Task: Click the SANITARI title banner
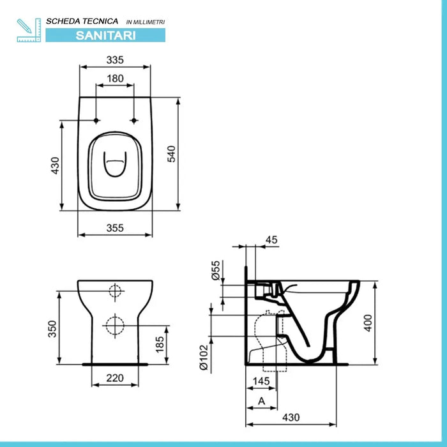[x=105, y=35]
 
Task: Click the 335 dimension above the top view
[x=114, y=60]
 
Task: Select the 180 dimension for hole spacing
[x=114, y=79]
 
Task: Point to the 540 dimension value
[x=171, y=153]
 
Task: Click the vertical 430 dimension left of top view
[x=55, y=165]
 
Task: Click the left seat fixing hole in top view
[x=95, y=121]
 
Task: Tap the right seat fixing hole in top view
[x=133, y=121]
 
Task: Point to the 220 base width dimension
[x=115, y=377]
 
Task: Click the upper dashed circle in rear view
[x=115, y=292]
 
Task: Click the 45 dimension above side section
[x=271, y=240]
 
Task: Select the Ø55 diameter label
[x=216, y=270]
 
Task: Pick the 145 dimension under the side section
[x=261, y=381]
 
